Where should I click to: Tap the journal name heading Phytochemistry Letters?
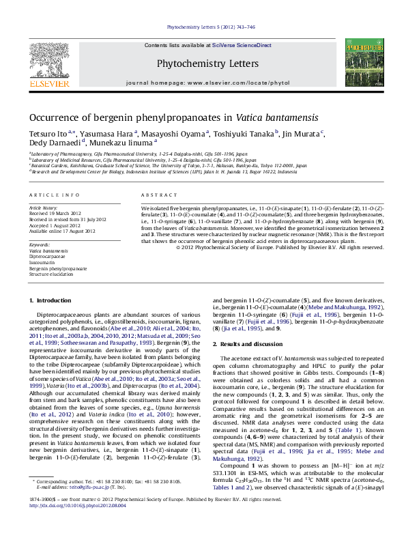[203, 64]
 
